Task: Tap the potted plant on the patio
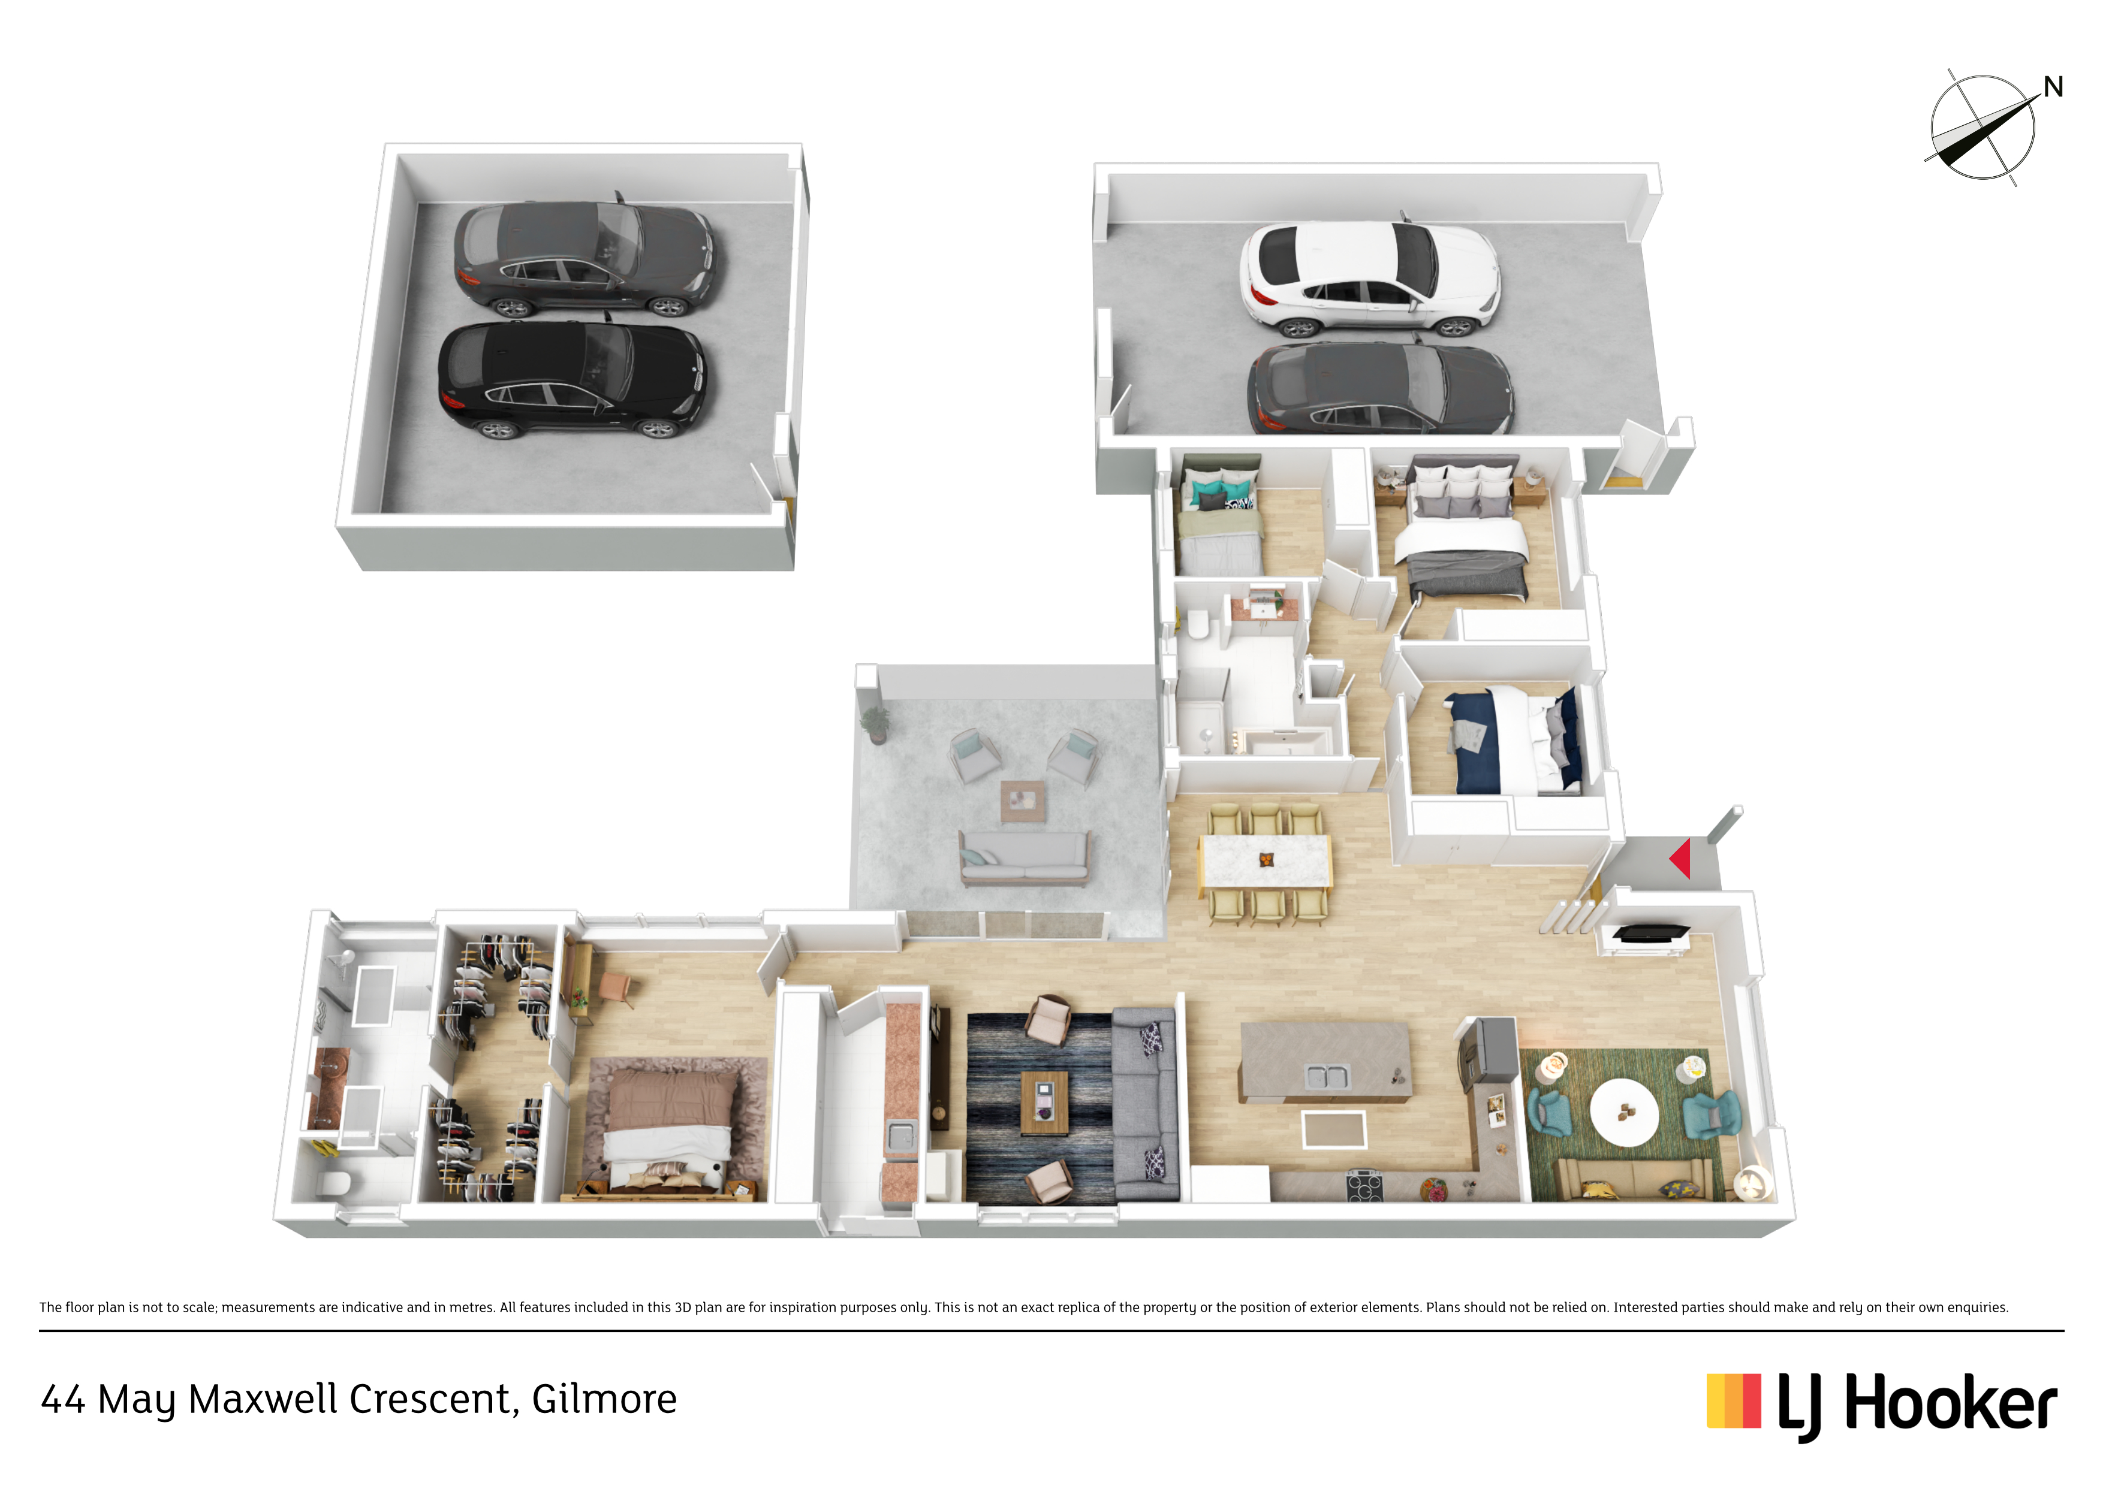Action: click(x=876, y=723)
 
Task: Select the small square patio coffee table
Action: click(x=1022, y=801)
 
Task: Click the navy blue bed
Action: click(x=1513, y=740)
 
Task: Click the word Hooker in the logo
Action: click(x=1950, y=1403)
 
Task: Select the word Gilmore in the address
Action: click(x=604, y=1399)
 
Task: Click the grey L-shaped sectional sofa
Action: click(x=1145, y=1103)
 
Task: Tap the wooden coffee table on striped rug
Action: click(x=1044, y=1103)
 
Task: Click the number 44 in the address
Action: click(x=63, y=1400)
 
